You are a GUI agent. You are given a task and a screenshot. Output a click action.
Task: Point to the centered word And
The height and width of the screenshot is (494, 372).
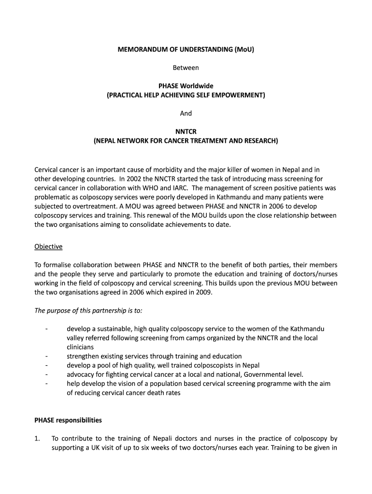pyautogui.click(x=186, y=113)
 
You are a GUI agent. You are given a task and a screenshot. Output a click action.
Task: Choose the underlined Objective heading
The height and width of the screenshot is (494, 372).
pyautogui.click(x=48, y=247)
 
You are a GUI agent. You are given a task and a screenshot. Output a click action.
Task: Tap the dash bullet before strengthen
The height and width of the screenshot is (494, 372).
pyautogui.click(x=46, y=357)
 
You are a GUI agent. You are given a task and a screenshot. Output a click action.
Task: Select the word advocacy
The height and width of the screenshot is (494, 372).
pyautogui.click(x=81, y=375)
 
